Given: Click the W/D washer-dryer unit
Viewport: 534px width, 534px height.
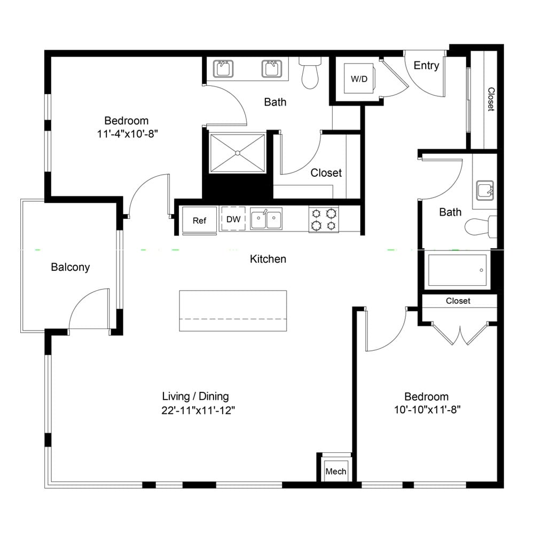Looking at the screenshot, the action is pos(359,78).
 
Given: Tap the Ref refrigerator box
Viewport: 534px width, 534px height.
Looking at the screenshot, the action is pos(200,220).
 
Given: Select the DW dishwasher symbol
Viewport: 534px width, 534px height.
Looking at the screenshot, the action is pos(233,219).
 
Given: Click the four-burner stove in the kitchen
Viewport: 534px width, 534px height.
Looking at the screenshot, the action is pos(324,219).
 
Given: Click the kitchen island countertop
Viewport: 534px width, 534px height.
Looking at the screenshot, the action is pos(233,311).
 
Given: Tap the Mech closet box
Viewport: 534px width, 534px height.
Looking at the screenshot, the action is pos(336,470).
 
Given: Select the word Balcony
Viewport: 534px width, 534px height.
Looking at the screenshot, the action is pos(70,267).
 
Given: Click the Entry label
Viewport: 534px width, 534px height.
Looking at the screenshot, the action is pos(426,65).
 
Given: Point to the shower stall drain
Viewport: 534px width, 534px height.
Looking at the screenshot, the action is pos(238,153).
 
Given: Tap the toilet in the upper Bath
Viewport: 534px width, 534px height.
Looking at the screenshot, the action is pos(310,73).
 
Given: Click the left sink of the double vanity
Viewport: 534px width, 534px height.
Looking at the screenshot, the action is pos(223,69).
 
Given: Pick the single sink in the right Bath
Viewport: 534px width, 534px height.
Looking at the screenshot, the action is pos(485,191).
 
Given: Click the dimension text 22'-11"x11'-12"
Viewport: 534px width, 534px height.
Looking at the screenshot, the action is pos(198,410).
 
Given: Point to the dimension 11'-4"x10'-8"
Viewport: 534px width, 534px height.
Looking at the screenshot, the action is pos(128,134).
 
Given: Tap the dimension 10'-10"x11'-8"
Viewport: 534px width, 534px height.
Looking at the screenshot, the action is pos(427,410).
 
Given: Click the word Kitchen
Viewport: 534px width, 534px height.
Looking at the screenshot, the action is pos(268,259).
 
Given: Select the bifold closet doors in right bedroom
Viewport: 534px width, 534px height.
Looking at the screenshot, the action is pos(460,333).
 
